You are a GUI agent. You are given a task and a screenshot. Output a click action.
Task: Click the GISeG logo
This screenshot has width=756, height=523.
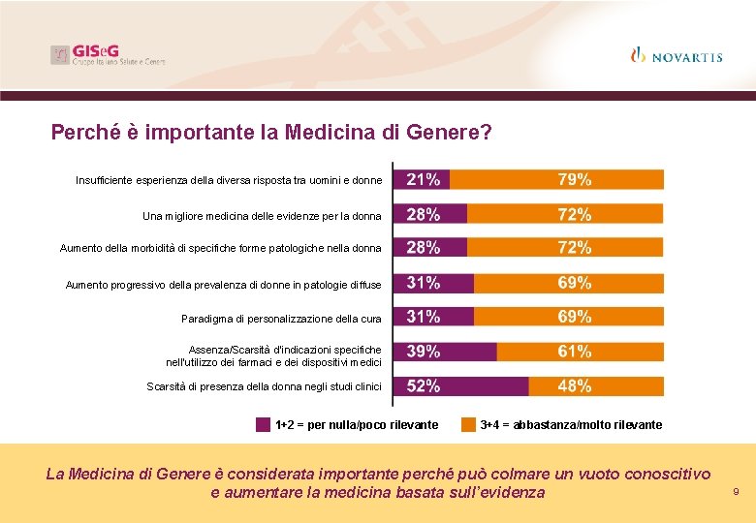click(x=108, y=55)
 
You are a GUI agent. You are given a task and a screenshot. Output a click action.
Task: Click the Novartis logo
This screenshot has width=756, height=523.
click(x=676, y=56)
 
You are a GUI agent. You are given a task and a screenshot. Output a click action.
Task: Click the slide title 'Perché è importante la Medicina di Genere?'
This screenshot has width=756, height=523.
click(x=271, y=132)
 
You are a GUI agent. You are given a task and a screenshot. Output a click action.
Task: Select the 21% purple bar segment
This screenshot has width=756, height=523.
click(x=423, y=179)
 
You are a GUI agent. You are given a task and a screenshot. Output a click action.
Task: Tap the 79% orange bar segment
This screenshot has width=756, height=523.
click(x=557, y=179)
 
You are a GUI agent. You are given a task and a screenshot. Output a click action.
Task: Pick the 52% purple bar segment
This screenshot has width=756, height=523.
click(x=460, y=386)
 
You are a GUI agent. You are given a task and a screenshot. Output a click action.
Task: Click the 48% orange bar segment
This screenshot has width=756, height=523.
click(x=596, y=386)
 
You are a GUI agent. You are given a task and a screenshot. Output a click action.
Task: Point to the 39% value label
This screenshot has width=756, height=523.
click(x=424, y=352)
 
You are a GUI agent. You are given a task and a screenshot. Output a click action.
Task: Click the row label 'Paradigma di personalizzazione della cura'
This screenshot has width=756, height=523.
click(x=281, y=319)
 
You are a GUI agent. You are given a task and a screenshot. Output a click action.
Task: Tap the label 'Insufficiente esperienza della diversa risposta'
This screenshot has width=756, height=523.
click(x=229, y=180)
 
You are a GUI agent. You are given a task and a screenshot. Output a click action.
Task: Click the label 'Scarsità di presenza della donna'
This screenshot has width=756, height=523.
click(x=264, y=387)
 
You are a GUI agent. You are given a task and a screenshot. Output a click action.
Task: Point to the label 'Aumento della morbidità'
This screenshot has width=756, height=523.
click(x=220, y=249)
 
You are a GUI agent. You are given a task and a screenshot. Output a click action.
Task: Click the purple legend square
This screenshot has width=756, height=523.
click(x=263, y=424)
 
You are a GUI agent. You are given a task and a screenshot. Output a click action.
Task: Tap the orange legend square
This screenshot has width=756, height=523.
click(x=468, y=424)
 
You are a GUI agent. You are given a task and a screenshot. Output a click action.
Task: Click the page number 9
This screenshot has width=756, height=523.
click(x=736, y=493)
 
